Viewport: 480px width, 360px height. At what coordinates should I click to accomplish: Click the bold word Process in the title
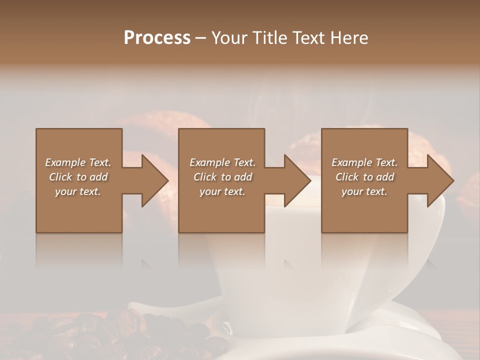point(157,37)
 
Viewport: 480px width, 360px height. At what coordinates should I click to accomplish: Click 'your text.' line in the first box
point(78,191)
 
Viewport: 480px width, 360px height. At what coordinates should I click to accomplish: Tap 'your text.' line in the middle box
point(222,191)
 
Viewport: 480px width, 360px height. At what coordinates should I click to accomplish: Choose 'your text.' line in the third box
point(364,191)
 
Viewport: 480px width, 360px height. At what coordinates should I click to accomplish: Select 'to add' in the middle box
point(237,177)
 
